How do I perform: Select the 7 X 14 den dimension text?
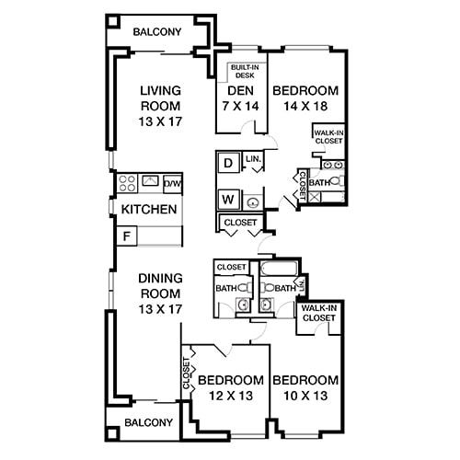(241, 108)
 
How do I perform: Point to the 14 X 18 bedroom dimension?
(305, 108)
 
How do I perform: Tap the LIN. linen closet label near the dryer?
(253, 159)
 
